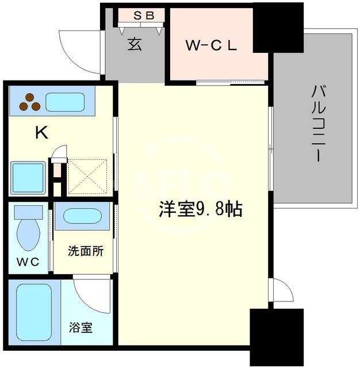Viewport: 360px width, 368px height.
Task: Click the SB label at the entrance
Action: [x=144, y=16]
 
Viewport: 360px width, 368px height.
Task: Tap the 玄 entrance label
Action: [x=135, y=44]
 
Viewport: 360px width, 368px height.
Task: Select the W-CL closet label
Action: [x=211, y=47]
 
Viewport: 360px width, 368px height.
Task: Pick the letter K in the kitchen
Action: [x=41, y=133]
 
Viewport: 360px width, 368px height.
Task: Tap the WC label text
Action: [x=28, y=262]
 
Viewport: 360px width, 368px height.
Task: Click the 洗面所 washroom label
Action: [x=86, y=251]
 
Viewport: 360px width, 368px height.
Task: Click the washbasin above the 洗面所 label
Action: [x=82, y=217]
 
